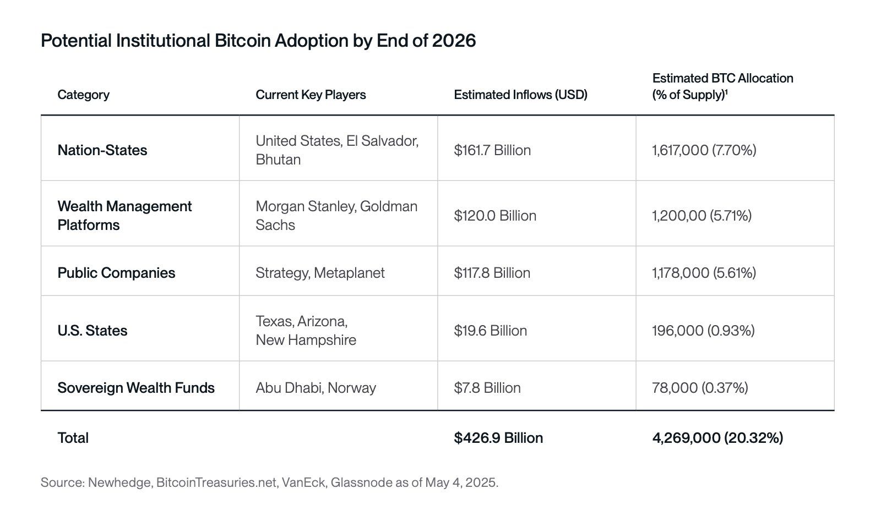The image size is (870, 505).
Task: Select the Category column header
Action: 83,95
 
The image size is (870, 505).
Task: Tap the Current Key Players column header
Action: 311,95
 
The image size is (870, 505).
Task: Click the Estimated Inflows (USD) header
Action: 520,95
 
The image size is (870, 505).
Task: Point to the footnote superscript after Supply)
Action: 727,91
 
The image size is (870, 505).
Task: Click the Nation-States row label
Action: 102,150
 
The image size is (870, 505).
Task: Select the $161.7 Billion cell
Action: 492,150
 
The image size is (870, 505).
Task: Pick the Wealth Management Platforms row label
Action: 124,216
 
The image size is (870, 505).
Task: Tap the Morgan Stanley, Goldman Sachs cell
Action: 336,216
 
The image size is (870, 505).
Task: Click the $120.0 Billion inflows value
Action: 495,216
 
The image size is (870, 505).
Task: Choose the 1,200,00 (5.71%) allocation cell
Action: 702,216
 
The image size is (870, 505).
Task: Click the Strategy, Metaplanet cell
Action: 320,273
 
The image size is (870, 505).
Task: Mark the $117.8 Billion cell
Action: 492,273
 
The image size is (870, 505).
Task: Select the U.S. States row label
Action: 93,331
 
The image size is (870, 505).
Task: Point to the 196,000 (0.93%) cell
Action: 703,331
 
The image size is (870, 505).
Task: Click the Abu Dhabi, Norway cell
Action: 316,388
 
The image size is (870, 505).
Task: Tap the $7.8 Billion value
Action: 487,388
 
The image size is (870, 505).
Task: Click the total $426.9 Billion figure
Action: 498,438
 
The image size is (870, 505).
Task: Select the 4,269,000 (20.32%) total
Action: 717,438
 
